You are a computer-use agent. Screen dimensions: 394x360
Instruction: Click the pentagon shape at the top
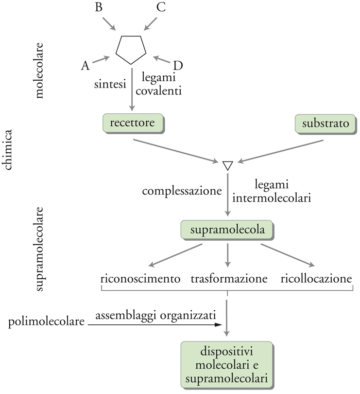(x=131, y=49)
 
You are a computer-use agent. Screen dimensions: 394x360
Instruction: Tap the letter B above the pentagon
(x=98, y=8)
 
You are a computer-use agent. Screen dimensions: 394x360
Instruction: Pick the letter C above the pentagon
(x=161, y=8)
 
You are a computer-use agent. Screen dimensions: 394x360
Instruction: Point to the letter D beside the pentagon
(x=178, y=66)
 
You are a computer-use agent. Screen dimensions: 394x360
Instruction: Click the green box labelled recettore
(x=132, y=123)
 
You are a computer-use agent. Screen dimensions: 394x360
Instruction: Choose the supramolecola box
(x=227, y=230)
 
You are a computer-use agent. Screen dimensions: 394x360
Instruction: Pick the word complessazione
(x=182, y=190)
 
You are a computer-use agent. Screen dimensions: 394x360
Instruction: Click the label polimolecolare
(x=47, y=322)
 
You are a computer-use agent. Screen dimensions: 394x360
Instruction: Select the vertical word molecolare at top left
(x=39, y=73)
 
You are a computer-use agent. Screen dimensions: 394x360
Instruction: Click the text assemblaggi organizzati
(x=155, y=315)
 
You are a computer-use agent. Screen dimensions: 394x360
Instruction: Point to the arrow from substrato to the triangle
(x=280, y=152)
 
